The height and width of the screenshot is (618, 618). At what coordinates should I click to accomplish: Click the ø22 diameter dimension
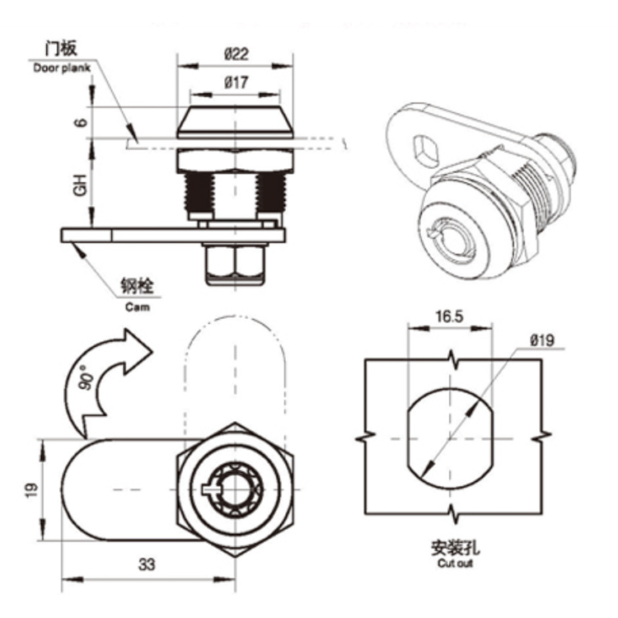coord(236,54)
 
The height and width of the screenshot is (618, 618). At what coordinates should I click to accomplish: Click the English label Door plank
coord(62,68)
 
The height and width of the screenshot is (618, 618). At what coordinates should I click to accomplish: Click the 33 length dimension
coord(146,564)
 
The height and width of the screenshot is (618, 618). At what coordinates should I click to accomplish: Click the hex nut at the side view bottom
coord(235,262)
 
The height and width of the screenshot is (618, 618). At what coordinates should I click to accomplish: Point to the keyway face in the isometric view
coord(451,230)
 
